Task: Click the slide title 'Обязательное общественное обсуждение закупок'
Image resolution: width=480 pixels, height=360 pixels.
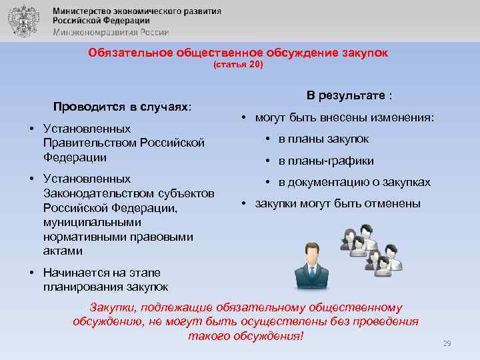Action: [x=237, y=53]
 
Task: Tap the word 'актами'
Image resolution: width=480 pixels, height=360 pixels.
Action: [x=63, y=251]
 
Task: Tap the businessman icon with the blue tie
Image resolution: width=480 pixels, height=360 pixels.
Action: [x=307, y=269]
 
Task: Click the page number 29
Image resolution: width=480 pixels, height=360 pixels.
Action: [x=447, y=343]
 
